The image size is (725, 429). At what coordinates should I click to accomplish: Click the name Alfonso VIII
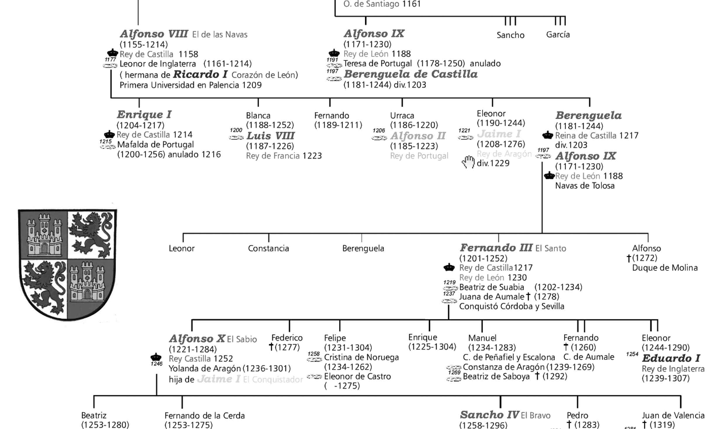(154, 34)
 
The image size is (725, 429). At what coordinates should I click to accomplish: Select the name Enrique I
(144, 114)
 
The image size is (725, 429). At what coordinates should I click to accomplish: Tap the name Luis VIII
(270, 136)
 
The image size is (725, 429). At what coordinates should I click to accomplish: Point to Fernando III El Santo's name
(496, 248)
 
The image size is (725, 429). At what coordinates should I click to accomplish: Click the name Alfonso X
(197, 339)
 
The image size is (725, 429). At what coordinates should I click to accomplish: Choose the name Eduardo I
(671, 358)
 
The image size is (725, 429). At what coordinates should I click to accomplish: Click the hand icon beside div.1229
(468, 162)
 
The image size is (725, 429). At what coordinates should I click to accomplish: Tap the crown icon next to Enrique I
(109, 135)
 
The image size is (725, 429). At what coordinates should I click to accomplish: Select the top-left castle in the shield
(44, 235)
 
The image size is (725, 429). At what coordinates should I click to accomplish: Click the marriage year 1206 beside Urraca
(379, 130)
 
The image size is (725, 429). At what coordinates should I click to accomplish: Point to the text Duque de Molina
(665, 268)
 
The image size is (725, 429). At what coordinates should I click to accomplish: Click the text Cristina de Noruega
(361, 357)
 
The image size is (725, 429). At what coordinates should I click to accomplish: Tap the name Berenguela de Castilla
(410, 74)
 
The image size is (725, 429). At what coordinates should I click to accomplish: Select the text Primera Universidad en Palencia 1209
(191, 85)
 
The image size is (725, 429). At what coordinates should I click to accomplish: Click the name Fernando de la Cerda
(205, 416)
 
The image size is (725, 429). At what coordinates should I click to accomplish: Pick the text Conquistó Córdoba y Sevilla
(512, 306)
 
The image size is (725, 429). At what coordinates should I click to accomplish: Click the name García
(558, 35)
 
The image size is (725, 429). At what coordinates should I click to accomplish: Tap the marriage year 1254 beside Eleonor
(632, 354)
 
